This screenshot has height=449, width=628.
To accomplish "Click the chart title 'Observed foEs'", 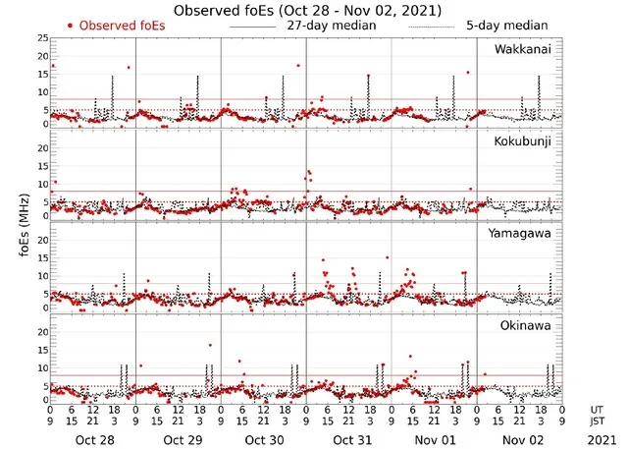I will (307, 10).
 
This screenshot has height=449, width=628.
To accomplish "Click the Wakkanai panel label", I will (522, 49).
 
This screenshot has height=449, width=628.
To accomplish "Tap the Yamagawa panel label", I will (523, 234).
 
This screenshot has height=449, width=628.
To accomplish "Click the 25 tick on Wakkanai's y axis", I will (42, 37).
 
